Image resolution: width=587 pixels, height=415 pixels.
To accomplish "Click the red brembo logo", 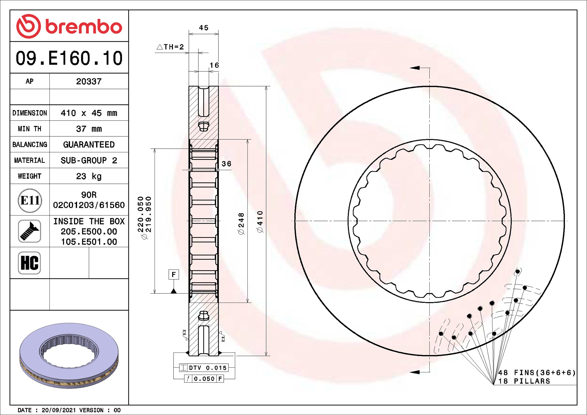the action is (69, 26).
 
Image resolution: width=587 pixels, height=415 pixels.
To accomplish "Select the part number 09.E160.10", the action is (69, 58).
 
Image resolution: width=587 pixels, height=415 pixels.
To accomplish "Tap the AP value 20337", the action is (89, 81).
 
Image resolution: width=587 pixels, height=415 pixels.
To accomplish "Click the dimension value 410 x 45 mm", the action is (89, 113).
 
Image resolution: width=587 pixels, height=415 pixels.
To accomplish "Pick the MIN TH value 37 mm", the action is (89, 129).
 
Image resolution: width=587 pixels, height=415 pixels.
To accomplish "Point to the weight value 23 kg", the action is (89, 176).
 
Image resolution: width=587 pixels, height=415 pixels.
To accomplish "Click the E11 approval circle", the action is (30, 201).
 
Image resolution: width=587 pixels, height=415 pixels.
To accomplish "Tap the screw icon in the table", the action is (30, 231).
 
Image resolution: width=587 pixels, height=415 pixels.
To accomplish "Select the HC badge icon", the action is (29, 263).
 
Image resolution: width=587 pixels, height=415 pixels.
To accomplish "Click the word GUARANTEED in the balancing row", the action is (89, 144).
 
